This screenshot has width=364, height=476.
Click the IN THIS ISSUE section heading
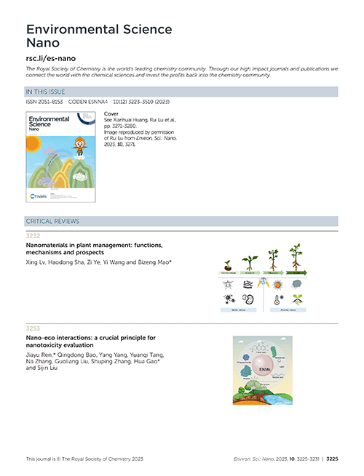(x=46, y=92)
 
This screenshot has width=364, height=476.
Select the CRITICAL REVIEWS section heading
(x=52, y=220)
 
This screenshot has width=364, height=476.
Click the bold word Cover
(x=111, y=114)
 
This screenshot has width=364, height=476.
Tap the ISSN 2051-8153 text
(x=46, y=101)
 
